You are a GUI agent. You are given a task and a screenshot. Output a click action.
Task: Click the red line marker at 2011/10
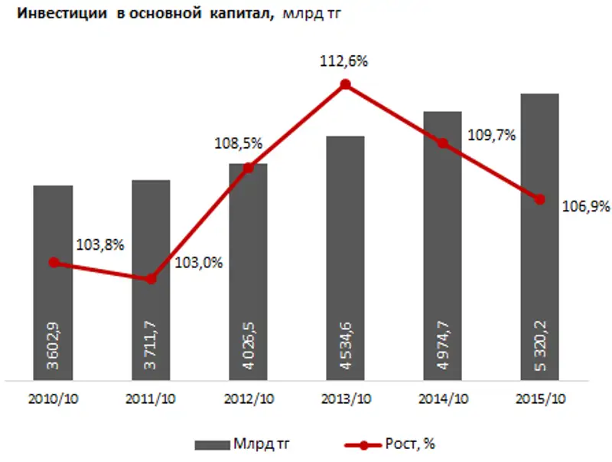point(151,279)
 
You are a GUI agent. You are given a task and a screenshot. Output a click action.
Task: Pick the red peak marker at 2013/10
point(345,84)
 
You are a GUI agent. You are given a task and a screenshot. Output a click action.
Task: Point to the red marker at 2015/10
point(539,199)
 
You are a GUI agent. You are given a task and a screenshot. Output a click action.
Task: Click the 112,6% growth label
point(344,62)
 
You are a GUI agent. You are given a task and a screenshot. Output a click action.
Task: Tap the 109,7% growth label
point(490,135)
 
